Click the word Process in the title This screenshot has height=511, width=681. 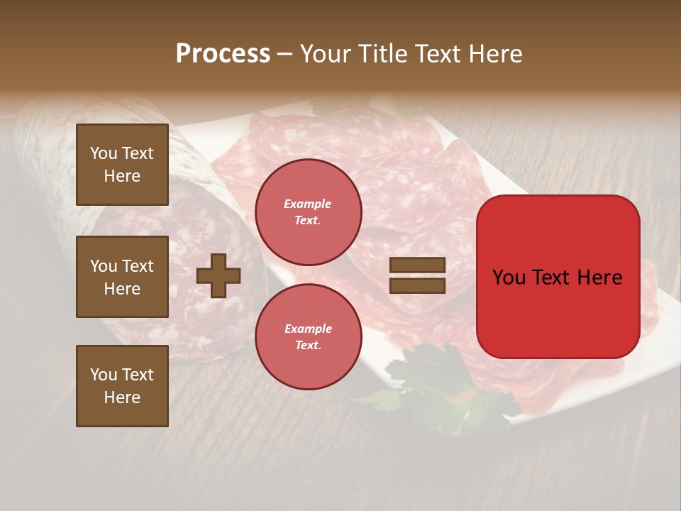pos(223,54)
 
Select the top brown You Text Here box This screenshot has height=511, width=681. pos(122,165)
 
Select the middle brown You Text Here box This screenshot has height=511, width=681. pos(122,277)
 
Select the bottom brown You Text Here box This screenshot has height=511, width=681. pos(122,386)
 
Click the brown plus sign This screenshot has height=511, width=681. pos(218,275)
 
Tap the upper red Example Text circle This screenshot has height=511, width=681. pos(308,211)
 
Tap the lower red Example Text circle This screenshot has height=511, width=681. pos(308,336)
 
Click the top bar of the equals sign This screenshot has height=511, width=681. pos(417,265)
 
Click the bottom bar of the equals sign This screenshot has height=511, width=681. pos(417,285)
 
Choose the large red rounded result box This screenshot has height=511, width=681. pos(558,277)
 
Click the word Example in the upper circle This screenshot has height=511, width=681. pos(308,204)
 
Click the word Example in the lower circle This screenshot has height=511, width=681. pos(308,329)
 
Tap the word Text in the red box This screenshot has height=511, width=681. pos(550,278)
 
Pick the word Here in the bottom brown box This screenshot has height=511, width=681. pos(122,397)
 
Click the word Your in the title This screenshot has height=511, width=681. pos(325,54)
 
